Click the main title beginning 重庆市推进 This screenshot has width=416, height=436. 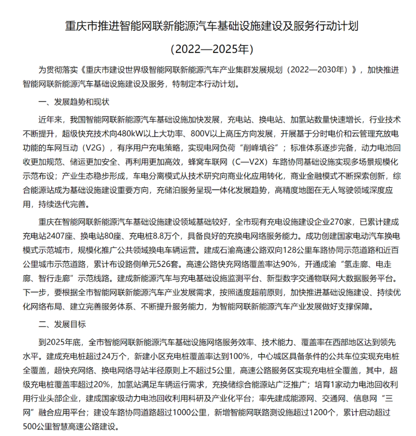coord(207,26)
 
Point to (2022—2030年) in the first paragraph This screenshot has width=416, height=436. coord(317,70)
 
